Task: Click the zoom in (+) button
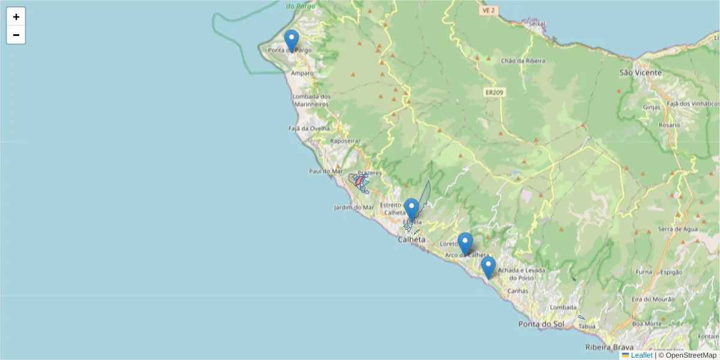point(16,17)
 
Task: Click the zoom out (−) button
point(16,35)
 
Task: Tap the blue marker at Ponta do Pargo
point(292,41)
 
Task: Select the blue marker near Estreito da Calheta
point(411,209)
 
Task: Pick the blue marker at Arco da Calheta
point(465,244)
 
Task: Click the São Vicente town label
point(640,73)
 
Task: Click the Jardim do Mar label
point(354,208)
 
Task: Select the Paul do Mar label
point(325,171)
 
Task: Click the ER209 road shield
point(495,92)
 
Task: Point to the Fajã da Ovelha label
point(309,128)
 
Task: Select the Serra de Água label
point(676,229)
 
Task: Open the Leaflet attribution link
point(641,355)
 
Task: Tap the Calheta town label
point(411,239)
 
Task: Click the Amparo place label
point(302,73)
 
